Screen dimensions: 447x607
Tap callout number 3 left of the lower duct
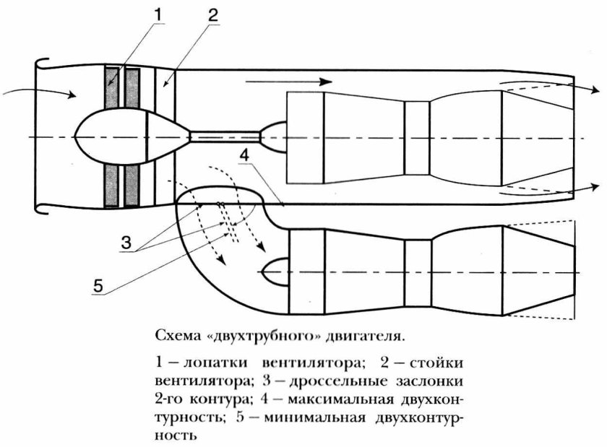pyautogui.click(x=126, y=243)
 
